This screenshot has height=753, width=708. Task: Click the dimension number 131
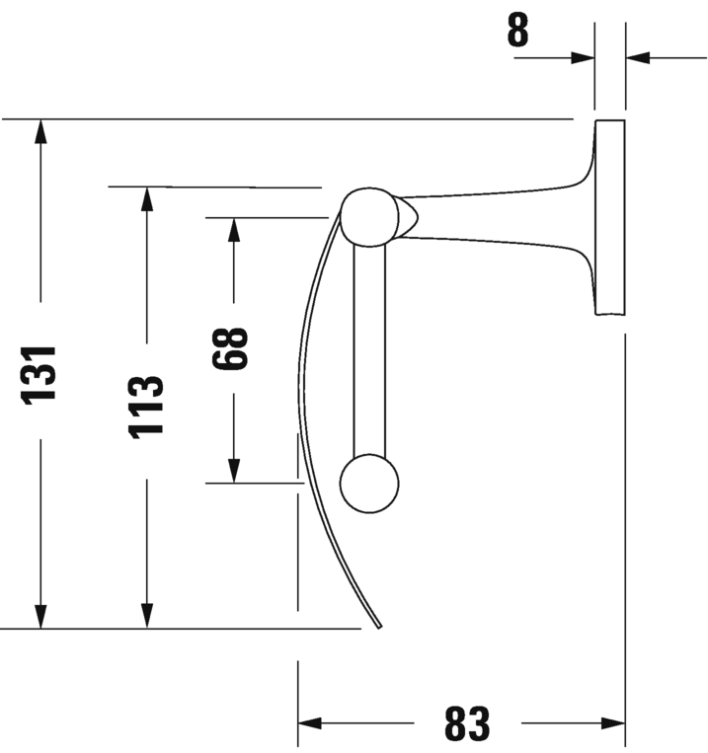(40, 372)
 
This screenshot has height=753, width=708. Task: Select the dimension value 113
(146, 406)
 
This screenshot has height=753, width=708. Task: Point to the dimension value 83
(467, 725)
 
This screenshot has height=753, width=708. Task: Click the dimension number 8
(517, 31)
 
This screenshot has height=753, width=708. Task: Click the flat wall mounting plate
(610, 217)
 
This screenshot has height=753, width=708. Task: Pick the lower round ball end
(368, 484)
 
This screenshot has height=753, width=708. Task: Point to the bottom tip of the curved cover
(379, 624)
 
